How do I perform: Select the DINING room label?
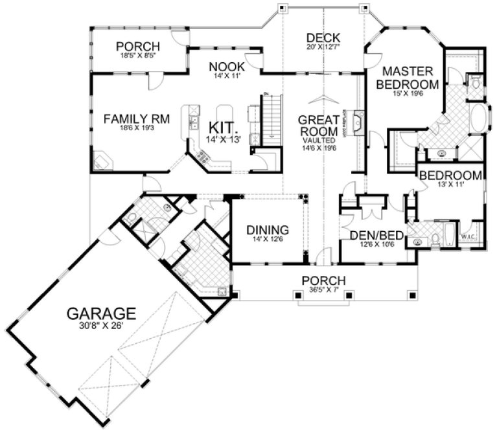[x=268, y=230]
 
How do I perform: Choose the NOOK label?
[x=226, y=67]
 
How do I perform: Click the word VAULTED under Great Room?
[x=319, y=140]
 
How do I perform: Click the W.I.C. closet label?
[x=469, y=245]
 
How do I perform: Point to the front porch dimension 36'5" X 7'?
[x=323, y=289]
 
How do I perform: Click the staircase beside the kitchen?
[x=270, y=120]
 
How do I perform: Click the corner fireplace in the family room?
[x=102, y=161]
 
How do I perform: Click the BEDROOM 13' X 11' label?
[x=450, y=176]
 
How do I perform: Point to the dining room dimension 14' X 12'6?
[x=268, y=240]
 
